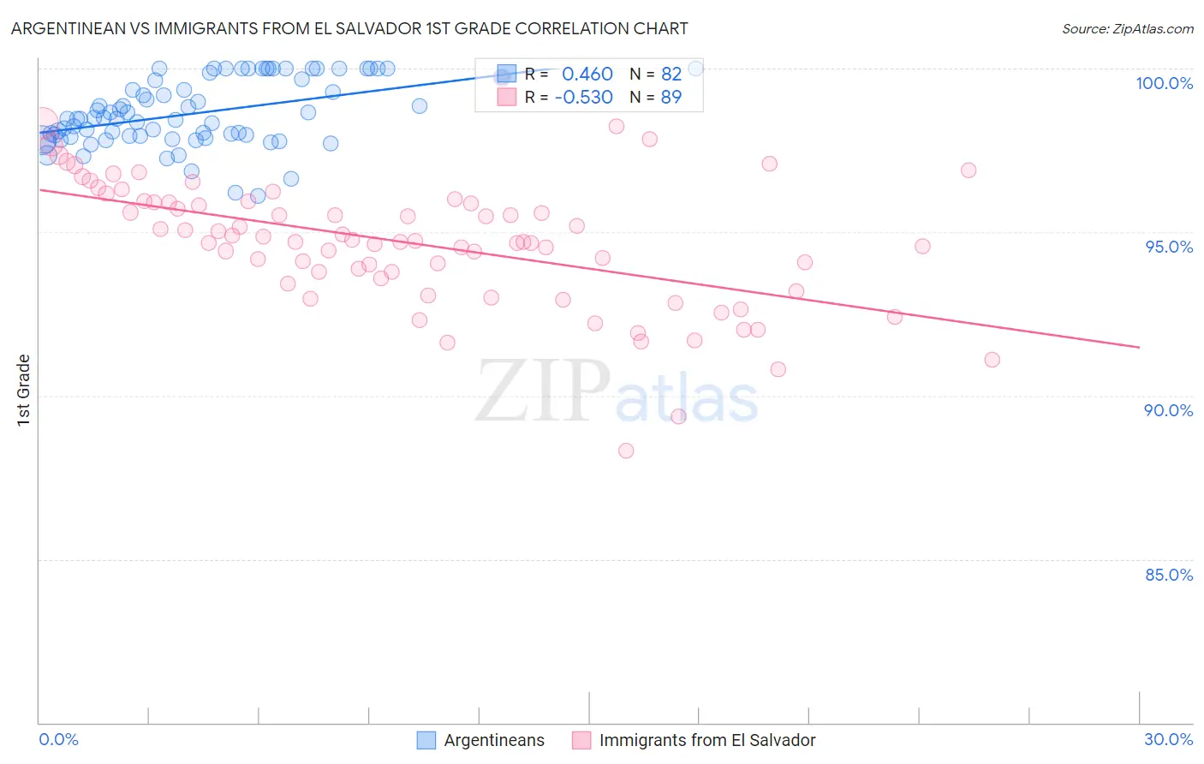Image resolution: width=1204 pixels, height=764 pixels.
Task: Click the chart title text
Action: [349, 28]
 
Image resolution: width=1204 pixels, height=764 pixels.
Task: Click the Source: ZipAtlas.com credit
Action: [1127, 28]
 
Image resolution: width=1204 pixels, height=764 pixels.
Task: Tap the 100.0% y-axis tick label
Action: [1164, 83]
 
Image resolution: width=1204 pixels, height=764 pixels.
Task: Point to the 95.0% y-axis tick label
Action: [1169, 247]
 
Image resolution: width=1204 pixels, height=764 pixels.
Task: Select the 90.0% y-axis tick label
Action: [1168, 410]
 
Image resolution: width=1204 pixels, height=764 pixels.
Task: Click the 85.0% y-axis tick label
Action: [1169, 575]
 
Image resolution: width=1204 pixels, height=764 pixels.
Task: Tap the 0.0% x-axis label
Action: [58, 739]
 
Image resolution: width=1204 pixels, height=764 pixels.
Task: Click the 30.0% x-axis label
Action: [1168, 739]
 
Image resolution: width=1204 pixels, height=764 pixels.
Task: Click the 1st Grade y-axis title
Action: [24, 390]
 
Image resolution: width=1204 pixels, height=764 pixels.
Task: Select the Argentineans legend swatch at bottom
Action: [426, 740]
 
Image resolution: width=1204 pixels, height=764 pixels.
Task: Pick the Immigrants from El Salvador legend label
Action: [706, 740]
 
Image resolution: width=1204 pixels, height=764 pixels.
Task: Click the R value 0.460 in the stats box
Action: [587, 75]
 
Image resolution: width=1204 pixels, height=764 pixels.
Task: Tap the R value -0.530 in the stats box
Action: [583, 97]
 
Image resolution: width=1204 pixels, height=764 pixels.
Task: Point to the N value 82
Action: [671, 75]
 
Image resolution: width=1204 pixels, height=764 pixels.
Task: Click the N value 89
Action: [671, 97]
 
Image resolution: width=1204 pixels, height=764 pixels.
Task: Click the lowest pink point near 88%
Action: [626, 451]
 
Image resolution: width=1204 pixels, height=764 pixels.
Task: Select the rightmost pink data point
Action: [992, 360]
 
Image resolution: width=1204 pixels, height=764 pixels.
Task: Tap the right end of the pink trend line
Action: [1139, 347]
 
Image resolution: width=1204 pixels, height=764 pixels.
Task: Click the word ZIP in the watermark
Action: [542, 391]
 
